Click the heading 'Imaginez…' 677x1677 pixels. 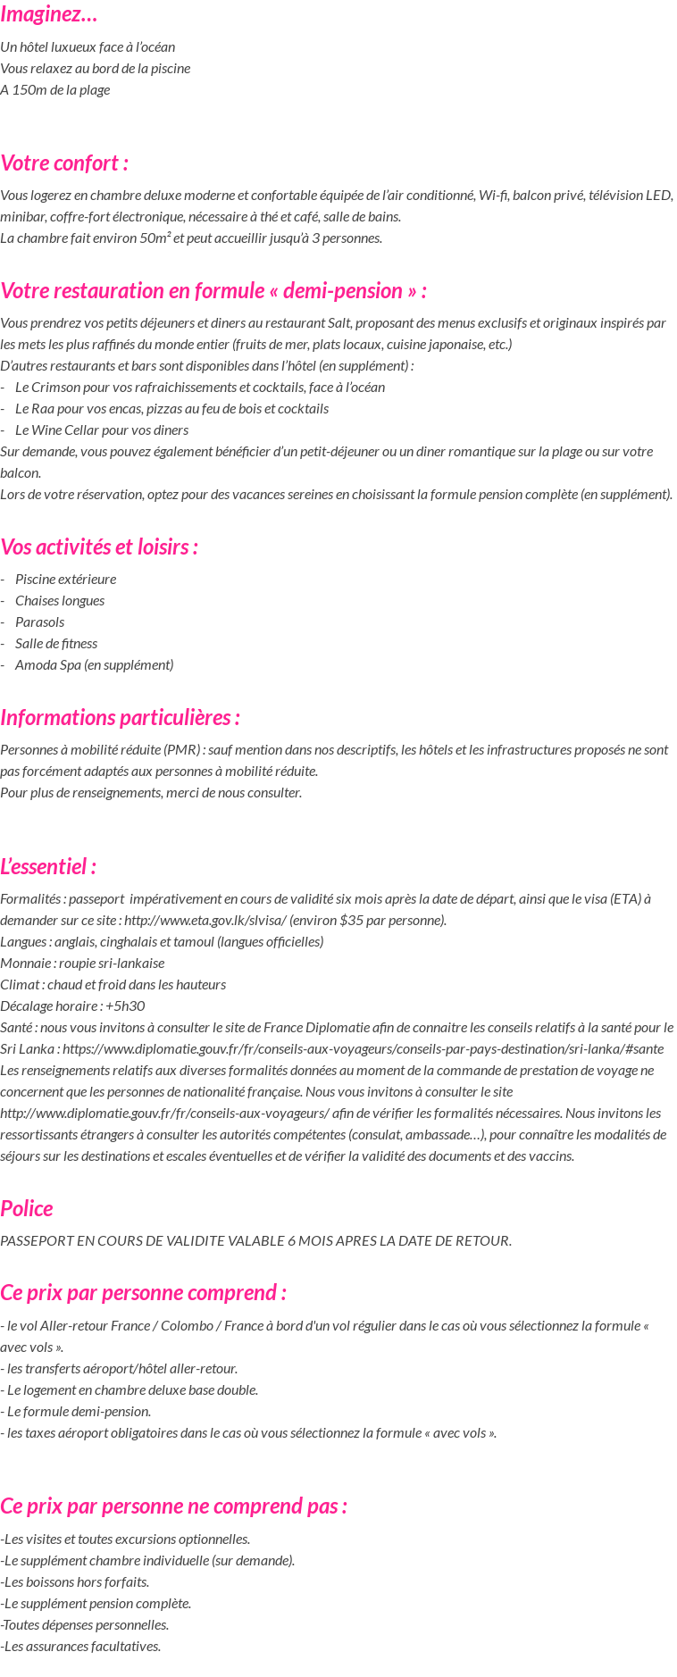49,14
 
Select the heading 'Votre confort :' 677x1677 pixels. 64,163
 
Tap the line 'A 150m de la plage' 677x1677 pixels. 55,89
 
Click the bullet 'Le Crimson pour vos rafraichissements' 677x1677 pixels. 200,387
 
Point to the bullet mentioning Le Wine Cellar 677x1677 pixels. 102,430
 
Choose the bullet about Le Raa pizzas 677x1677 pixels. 171,408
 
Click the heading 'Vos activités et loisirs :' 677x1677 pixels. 99,546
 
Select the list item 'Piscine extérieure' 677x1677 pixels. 65,579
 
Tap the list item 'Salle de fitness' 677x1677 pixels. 56,643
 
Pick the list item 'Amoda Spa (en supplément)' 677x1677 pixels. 94,664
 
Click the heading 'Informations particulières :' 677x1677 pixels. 120,717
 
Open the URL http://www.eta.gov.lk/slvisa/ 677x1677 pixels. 205,921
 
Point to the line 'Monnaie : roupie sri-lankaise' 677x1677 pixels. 82,963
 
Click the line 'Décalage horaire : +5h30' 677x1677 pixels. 72,1005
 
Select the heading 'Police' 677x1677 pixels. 27,1208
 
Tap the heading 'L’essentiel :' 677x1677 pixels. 48,866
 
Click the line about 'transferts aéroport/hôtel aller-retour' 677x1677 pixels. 119,1368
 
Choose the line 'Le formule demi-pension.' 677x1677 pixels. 76,1411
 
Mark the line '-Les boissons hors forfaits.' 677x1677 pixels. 75,1581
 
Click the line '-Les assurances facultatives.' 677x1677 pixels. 80,1646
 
